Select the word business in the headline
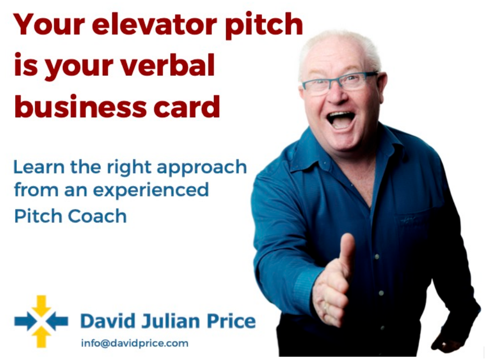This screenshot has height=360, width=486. click(80, 107)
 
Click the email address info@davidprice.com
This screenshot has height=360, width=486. click(134, 343)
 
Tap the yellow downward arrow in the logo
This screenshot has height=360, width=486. click(41, 306)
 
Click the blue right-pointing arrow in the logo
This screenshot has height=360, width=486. click(25, 321)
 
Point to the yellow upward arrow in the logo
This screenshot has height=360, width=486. click(41, 337)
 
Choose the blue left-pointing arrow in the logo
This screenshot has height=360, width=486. click(57, 321)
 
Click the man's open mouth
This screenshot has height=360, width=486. click(341, 120)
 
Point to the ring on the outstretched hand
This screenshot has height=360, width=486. click(325, 308)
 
